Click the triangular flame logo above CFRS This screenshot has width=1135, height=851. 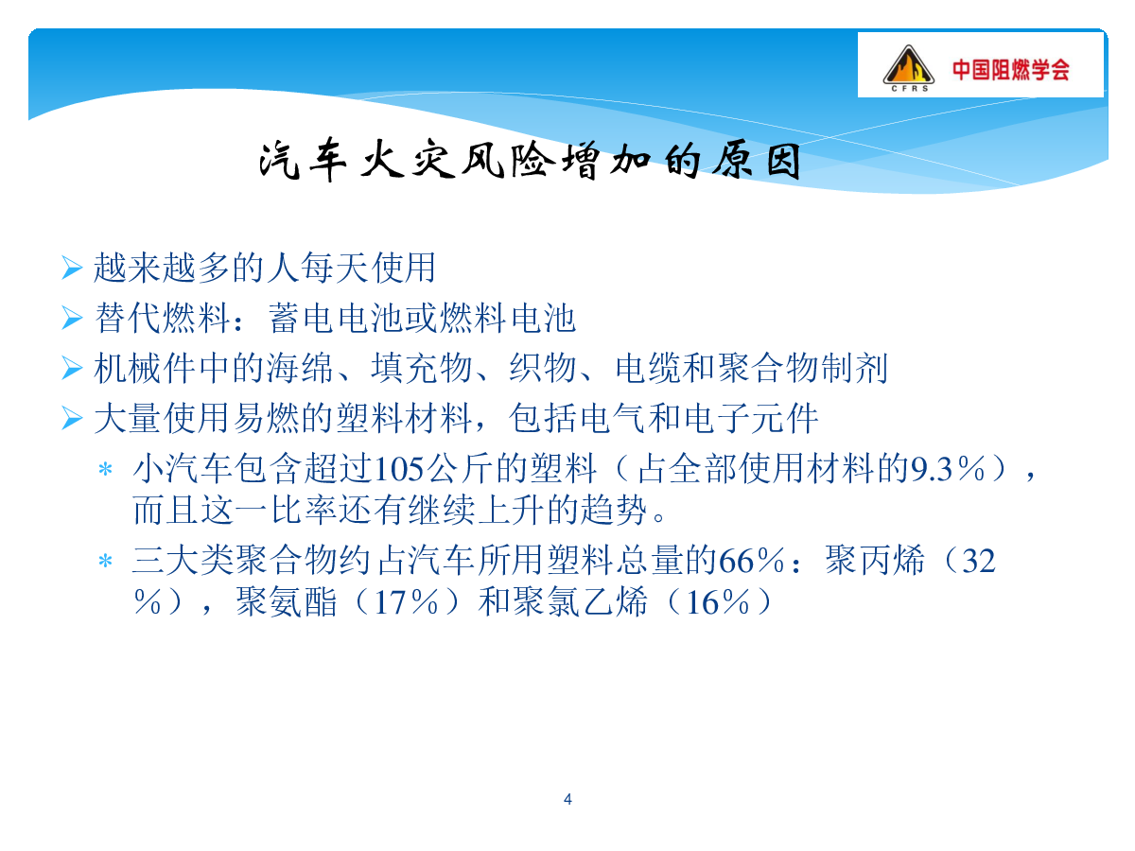pyautogui.click(x=908, y=64)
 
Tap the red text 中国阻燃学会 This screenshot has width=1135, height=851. pyautogui.click(x=1011, y=70)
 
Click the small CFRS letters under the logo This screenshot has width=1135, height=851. pyautogui.click(x=909, y=88)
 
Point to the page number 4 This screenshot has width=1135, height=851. pyautogui.click(x=567, y=799)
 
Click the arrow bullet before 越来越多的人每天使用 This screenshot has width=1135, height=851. pyautogui.click(x=72, y=268)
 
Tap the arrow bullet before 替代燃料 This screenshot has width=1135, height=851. pyautogui.click(x=72, y=318)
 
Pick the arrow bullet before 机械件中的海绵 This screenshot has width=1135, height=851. pyautogui.click(x=72, y=368)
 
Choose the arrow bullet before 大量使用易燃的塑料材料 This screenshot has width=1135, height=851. pyautogui.click(x=72, y=418)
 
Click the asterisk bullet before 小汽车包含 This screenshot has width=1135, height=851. pyautogui.click(x=106, y=469)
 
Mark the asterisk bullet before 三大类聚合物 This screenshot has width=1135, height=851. pyautogui.click(x=106, y=561)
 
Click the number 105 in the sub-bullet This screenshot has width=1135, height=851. pyautogui.click(x=399, y=470)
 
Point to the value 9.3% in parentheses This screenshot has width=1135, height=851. pyautogui.click(x=948, y=469)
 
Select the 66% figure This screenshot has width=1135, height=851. pyautogui.click(x=751, y=561)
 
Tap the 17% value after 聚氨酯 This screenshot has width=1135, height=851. pyautogui.click(x=406, y=602)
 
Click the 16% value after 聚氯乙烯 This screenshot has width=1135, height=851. pyautogui.click(x=717, y=602)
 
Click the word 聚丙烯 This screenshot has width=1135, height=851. pyautogui.click(x=874, y=560)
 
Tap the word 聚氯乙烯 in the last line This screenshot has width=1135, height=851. pyautogui.click(x=563, y=601)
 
